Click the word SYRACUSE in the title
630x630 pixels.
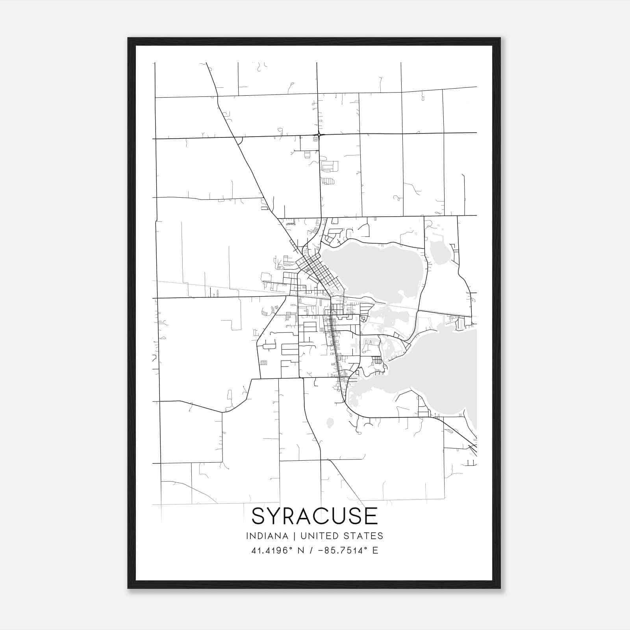point(315,516)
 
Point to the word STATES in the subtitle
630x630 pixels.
point(365,536)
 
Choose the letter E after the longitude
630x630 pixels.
point(375,550)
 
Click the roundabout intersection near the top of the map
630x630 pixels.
point(319,135)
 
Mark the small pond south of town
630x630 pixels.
point(330,422)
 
